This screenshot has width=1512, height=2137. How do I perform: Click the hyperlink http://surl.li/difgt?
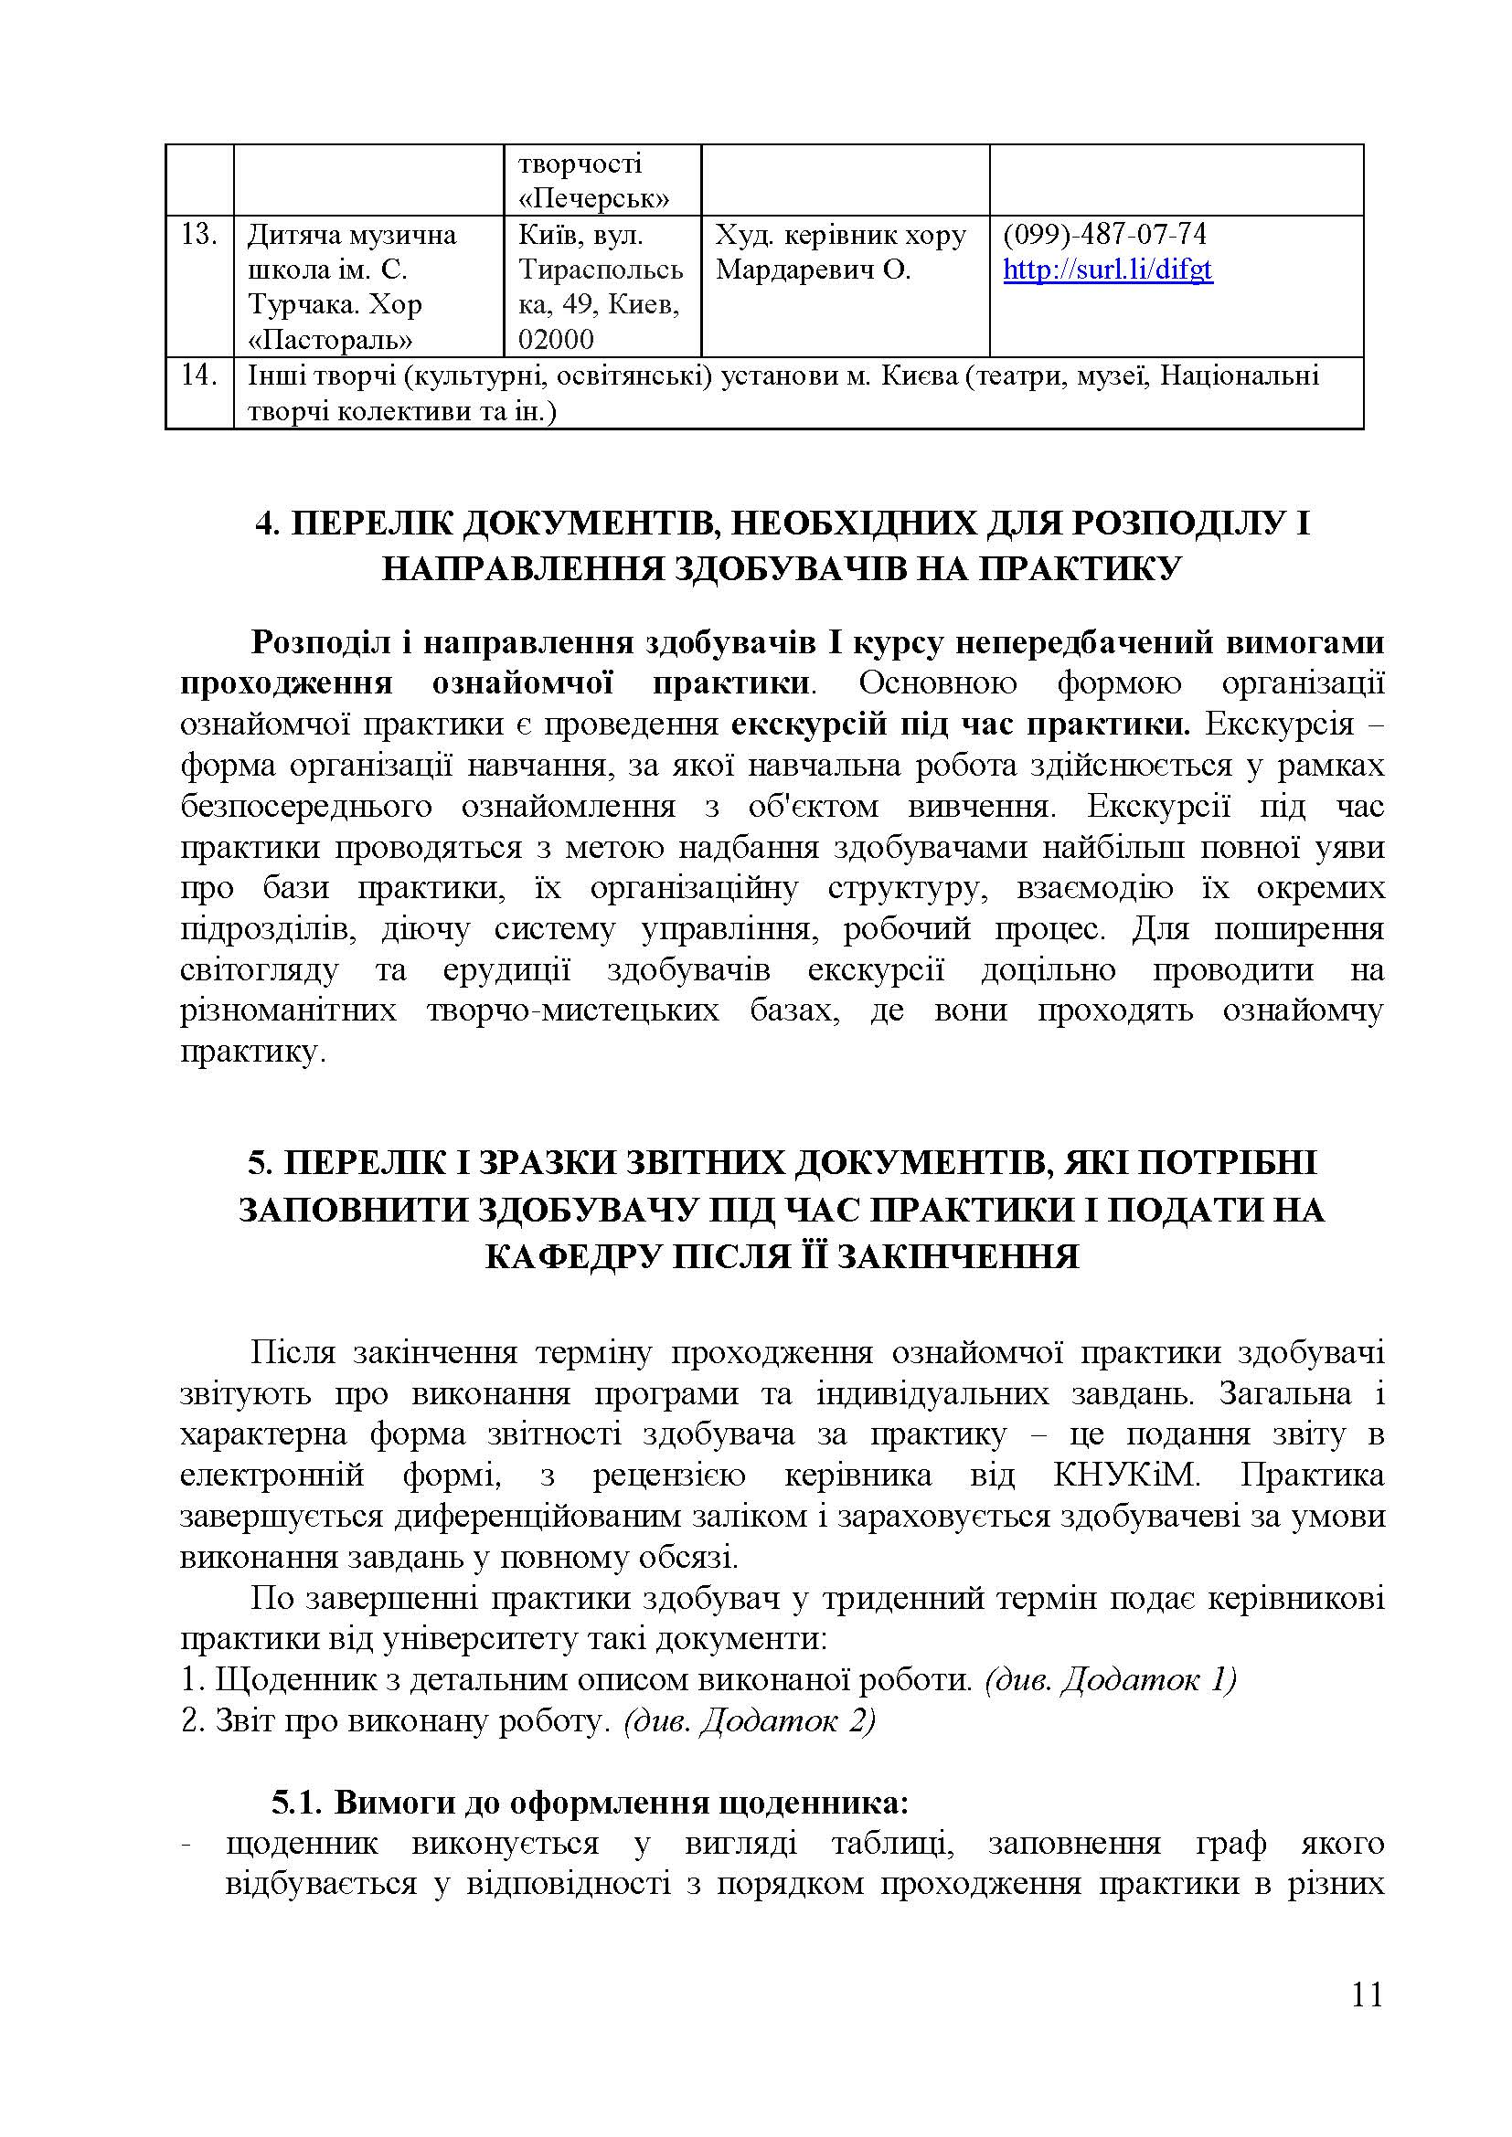pos(1107,270)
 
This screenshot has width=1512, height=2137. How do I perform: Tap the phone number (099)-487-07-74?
pos(1104,234)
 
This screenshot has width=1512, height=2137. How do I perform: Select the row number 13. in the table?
pos(198,235)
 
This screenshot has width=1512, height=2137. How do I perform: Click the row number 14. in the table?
pos(198,376)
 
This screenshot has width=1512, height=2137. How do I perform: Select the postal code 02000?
pos(556,339)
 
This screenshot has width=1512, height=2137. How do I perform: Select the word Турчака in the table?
pos(302,304)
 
